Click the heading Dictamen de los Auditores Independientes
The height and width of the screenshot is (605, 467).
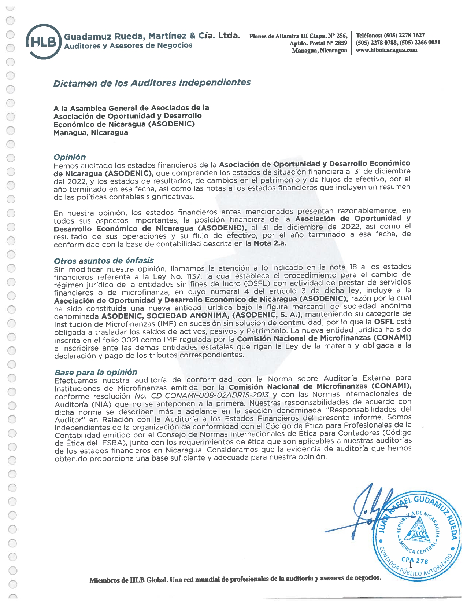pos(152,83)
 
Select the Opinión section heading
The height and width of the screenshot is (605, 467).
pos(70,157)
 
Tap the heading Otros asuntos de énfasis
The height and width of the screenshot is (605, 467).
pos(104,261)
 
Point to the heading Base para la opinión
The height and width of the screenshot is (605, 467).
pos(96,372)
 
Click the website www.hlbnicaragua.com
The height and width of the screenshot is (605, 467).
pos(386,50)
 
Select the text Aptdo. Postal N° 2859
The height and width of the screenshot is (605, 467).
pos(318,43)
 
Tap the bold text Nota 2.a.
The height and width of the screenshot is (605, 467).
pos(270,243)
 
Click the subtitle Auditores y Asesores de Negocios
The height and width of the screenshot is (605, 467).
pos(128,45)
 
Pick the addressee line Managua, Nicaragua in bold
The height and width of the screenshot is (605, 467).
pos(91,133)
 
